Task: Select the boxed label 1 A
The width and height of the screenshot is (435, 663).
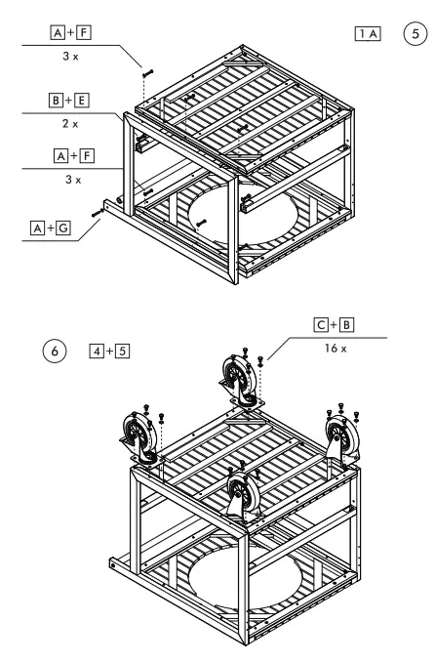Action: (369, 32)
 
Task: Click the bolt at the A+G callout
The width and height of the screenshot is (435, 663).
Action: (99, 208)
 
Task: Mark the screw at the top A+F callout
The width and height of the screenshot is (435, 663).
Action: (146, 71)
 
